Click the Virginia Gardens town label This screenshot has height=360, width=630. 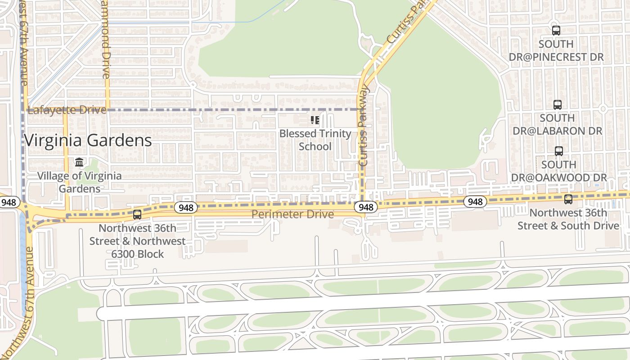(x=88, y=140)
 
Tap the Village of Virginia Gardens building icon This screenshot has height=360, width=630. (x=80, y=162)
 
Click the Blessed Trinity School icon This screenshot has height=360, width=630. (x=315, y=120)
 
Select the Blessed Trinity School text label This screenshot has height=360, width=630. (x=315, y=140)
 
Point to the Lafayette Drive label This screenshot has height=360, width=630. (x=67, y=110)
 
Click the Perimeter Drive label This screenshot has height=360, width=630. (x=292, y=214)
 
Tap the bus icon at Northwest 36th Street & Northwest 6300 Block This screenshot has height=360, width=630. (x=137, y=215)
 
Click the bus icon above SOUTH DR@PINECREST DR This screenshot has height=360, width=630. (x=556, y=31)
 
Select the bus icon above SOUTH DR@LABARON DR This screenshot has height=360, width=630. (x=558, y=104)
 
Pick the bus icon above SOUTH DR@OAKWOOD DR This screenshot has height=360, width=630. (x=559, y=151)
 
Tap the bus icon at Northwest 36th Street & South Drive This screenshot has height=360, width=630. (x=568, y=199)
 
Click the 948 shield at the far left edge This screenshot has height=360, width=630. (x=8, y=202)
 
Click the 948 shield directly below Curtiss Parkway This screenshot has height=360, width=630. (x=366, y=207)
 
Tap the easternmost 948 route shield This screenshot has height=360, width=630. (x=475, y=202)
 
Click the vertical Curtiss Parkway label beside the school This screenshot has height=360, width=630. (x=364, y=126)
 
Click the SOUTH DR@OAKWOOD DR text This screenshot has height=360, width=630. (x=559, y=171)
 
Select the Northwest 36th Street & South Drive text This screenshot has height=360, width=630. (x=568, y=219)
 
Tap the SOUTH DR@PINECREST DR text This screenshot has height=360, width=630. (x=556, y=50)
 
